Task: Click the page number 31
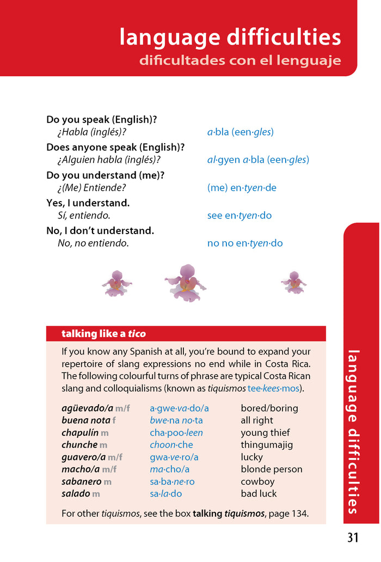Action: click(x=353, y=538)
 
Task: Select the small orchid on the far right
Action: click(x=294, y=282)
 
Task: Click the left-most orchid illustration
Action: click(x=116, y=283)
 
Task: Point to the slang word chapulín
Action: click(x=80, y=433)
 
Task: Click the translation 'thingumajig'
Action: click(x=267, y=445)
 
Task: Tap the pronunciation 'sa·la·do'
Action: click(x=166, y=494)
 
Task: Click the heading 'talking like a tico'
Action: click(x=103, y=334)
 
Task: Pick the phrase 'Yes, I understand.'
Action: click(x=88, y=203)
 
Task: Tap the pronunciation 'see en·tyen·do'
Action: click(x=239, y=216)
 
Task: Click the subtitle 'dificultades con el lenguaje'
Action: click(x=240, y=60)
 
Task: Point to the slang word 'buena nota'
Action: click(x=86, y=420)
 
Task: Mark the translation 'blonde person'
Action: click(x=272, y=469)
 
